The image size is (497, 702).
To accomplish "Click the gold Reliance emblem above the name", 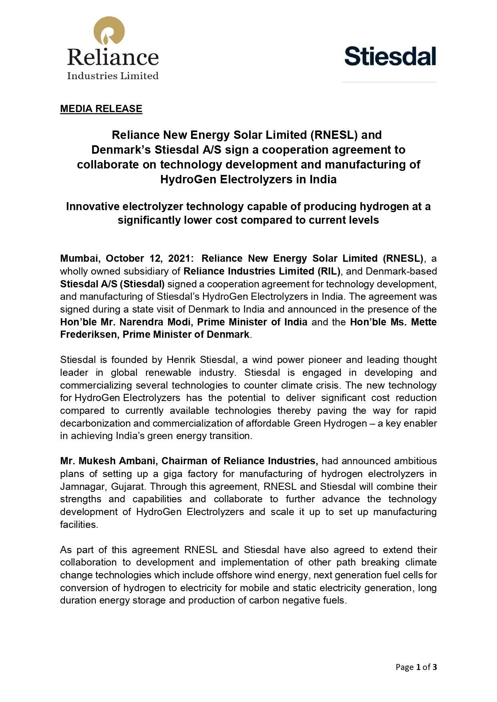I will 109,32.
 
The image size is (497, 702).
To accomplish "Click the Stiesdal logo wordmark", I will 390,56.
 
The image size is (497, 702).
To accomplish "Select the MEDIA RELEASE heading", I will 101,109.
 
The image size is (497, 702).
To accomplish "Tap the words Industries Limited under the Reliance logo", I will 113,76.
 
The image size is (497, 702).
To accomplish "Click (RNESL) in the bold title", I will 334,135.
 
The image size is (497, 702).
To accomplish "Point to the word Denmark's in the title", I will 121,150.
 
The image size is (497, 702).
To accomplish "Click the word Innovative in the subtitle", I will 93,207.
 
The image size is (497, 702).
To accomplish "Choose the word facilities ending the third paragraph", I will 78,525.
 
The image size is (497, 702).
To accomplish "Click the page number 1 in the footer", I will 418,667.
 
